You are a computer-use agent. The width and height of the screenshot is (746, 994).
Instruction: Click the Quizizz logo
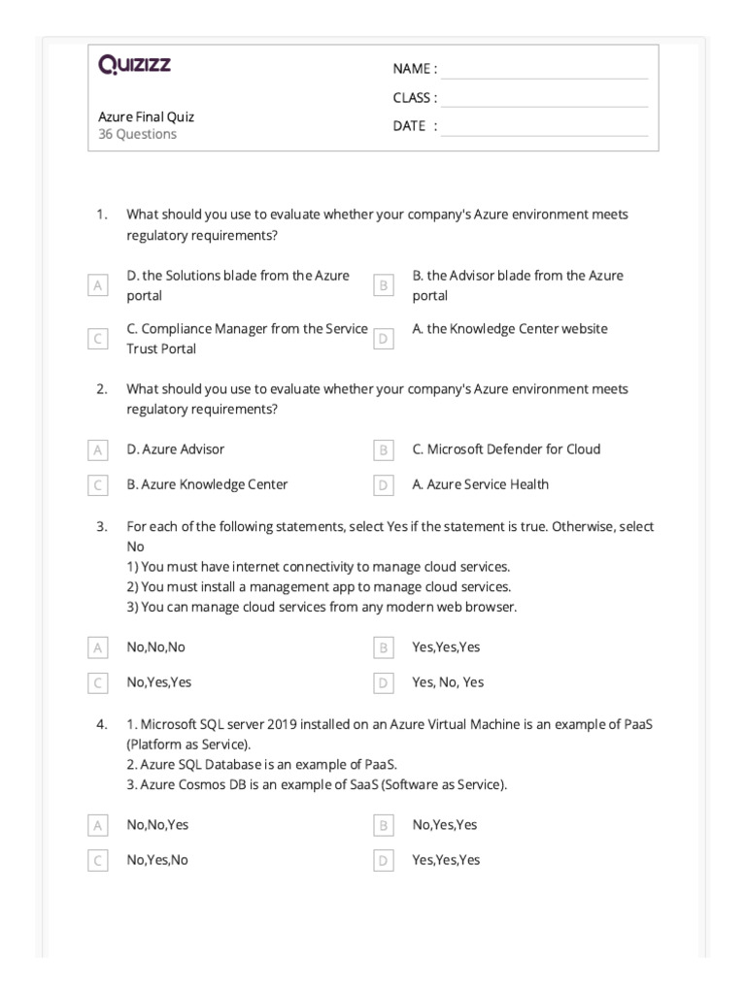134,65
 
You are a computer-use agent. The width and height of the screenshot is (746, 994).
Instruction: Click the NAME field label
415,69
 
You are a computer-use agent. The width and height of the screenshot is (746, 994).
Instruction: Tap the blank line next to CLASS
544,98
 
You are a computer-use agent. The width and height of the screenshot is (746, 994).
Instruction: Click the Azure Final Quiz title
147,116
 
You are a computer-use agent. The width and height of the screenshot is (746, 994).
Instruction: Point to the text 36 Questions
138,134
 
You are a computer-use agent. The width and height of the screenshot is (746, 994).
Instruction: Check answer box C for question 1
97,339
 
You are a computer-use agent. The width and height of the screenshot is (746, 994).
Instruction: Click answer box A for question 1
97,285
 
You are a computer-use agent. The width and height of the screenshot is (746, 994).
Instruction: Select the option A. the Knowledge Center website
510,329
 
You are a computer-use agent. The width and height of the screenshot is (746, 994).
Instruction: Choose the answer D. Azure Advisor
175,449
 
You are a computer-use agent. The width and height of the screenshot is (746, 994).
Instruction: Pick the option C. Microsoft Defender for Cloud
506,449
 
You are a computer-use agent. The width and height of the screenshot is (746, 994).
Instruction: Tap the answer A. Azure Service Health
480,484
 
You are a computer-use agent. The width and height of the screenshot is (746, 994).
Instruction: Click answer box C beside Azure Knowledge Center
97,484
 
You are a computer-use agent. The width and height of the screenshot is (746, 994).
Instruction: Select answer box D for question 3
384,682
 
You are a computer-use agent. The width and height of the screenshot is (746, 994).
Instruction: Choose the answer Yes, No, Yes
448,682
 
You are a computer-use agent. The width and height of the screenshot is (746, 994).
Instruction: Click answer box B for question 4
384,825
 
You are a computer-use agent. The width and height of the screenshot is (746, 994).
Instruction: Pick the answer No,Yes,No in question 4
157,860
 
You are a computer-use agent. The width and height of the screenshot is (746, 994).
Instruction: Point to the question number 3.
101,526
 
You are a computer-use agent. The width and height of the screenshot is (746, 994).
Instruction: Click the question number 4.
101,724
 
